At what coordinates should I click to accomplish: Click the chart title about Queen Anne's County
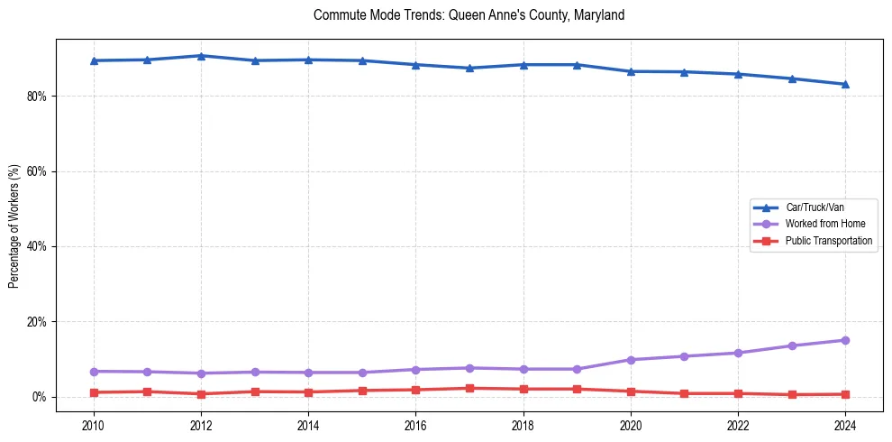click(x=469, y=15)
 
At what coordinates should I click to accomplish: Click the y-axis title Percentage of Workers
click(x=14, y=226)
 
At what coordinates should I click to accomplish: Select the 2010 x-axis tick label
click(x=93, y=425)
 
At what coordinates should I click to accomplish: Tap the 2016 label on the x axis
click(x=415, y=425)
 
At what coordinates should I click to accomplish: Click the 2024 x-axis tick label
click(x=845, y=425)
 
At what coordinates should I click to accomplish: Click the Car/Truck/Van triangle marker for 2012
click(x=201, y=56)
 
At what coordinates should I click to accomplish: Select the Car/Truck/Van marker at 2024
click(x=845, y=84)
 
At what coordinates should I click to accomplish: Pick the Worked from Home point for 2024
click(x=845, y=340)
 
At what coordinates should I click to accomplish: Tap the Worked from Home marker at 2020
click(x=631, y=360)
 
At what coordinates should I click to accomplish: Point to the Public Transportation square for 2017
click(x=469, y=388)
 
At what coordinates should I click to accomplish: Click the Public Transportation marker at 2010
click(x=93, y=392)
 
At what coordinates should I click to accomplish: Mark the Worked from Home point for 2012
click(x=201, y=373)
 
